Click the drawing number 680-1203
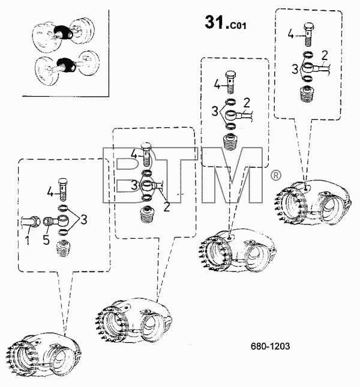[x=270, y=346]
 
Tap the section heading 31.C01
[x=225, y=22]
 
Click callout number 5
[x=46, y=239]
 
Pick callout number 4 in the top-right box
[x=291, y=34]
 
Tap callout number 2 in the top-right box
[x=325, y=56]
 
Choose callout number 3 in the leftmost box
[x=84, y=220]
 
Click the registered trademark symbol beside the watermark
[x=276, y=175]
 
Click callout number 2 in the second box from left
[x=167, y=206]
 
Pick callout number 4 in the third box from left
[x=217, y=85]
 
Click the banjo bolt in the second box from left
[x=146, y=155]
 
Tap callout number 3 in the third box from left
[x=215, y=112]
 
